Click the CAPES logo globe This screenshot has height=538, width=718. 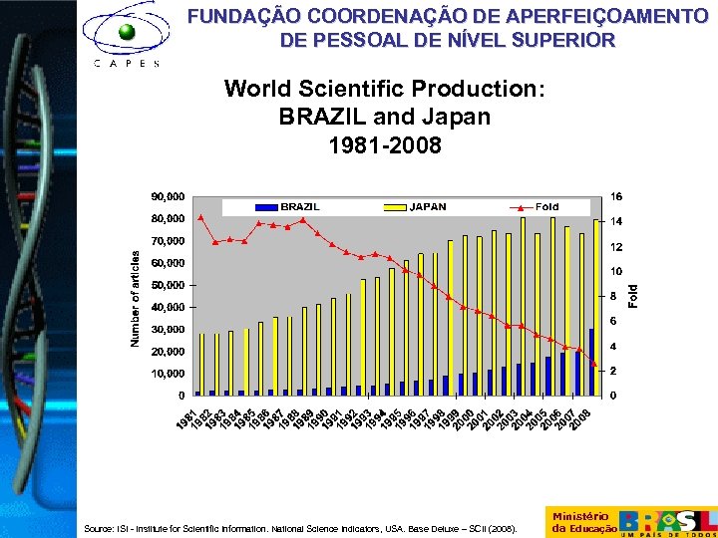(x=127, y=32)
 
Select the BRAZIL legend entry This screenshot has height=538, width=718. (x=289, y=207)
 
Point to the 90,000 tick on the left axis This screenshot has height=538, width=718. (x=168, y=195)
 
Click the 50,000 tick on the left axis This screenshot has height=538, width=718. (x=168, y=285)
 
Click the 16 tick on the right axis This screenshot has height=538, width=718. (x=616, y=195)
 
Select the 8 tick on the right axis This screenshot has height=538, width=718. (x=613, y=296)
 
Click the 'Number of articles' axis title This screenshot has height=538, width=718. (x=137, y=296)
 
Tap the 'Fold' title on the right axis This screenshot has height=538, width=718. (x=632, y=295)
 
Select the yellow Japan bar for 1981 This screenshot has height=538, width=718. (x=202, y=364)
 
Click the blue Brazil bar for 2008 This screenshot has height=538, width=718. (x=591, y=362)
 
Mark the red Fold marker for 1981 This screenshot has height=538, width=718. (x=200, y=217)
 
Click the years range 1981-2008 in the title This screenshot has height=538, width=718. (x=385, y=145)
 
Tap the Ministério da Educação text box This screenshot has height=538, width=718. (x=579, y=521)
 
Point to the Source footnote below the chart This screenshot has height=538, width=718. (x=300, y=529)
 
